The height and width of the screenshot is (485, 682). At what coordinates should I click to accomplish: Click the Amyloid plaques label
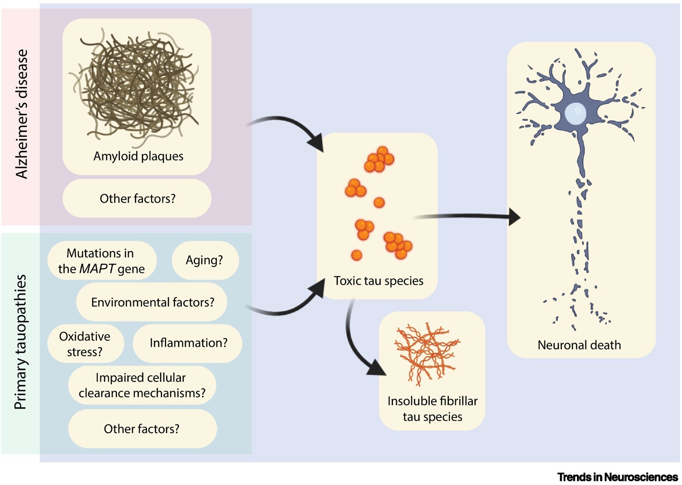tap(138, 156)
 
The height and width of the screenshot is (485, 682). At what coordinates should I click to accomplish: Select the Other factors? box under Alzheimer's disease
tap(137, 199)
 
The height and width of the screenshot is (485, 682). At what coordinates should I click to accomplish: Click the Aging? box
tap(205, 260)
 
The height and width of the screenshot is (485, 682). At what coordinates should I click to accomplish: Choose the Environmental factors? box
tap(152, 302)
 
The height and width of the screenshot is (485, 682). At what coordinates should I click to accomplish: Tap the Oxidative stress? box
tap(85, 344)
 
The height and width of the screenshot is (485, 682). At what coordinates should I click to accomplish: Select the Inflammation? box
tap(188, 343)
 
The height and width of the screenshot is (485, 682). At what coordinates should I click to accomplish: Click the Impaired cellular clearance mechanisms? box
tap(142, 385)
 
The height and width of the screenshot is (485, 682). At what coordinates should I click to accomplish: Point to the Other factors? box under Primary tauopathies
tap(142, 429)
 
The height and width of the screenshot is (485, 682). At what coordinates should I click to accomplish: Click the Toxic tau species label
tap(378, 281)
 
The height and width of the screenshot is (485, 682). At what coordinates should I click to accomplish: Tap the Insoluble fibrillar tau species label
tap(432, 409)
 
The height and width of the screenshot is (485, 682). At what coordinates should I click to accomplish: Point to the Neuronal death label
tap(579, 345)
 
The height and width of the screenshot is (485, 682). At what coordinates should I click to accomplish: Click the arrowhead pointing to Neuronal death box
tap(514, 217)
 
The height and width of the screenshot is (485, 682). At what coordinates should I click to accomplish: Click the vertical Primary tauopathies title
tap(20, 342)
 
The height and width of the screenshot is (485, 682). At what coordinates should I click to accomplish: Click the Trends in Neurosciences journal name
tap(617, 477)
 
